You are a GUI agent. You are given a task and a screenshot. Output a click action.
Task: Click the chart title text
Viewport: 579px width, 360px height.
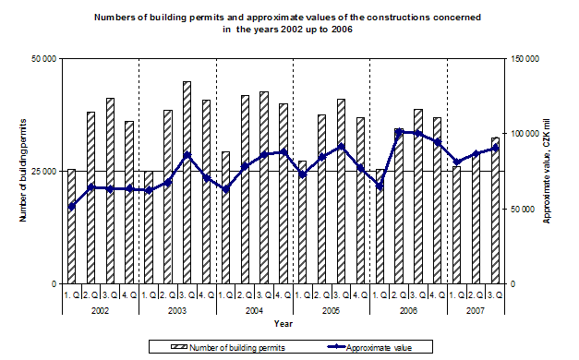(x=286, y=23)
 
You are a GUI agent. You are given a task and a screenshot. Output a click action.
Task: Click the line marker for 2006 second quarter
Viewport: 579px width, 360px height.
(x=399, y=132)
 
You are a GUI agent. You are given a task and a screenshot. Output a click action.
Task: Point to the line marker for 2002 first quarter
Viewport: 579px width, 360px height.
(x=71, y=206)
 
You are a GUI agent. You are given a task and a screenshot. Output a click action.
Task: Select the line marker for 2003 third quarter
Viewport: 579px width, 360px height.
(x=187, y=154)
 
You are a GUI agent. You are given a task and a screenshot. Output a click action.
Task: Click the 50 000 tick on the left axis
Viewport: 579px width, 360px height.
(x=43, y=58)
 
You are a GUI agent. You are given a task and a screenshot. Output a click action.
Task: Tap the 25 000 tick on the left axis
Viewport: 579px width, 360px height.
(x=43, y=171)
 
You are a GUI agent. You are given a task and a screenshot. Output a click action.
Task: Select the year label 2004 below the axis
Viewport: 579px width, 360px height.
(x=254, y=310)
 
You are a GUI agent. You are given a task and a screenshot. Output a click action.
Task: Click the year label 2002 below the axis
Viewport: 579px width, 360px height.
(x=100, y=310)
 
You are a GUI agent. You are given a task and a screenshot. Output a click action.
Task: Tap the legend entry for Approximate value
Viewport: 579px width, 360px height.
(x=376, y=347)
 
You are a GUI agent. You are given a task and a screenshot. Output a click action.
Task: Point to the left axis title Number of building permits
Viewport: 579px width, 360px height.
(x=21, y=171)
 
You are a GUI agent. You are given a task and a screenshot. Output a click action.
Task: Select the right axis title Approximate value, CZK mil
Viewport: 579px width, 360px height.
(x=547, y=171)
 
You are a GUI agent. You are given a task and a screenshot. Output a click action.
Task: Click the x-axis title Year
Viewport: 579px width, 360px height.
(x=283, y=324)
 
